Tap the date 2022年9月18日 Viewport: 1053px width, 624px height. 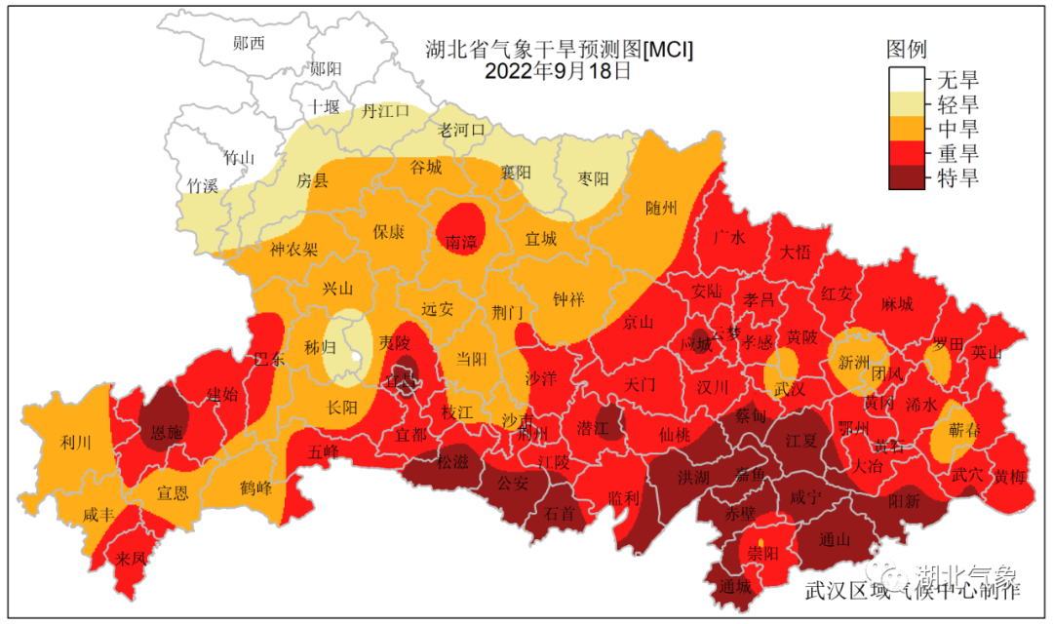click(559, 70)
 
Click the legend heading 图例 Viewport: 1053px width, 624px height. click(906, 49)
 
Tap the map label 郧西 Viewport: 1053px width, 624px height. click(249, 43)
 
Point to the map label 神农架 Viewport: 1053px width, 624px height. click(293, 249)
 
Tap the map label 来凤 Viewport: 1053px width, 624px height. click(131, 559)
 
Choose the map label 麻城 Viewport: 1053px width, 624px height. click(896, 304)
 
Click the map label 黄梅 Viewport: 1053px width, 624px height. click(1009, 476)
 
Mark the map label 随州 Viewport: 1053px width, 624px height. click(661, 208)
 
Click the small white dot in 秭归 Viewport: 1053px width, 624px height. click(355, 356)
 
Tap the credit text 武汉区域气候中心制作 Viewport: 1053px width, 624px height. click(912, 590)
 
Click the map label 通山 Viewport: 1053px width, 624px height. click(835, 539)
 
